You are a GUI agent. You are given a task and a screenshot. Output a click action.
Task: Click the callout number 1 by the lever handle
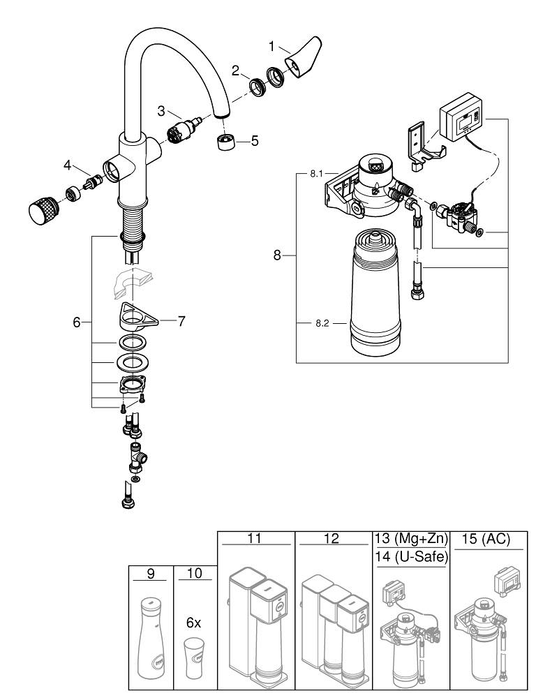click(x=271, y=47)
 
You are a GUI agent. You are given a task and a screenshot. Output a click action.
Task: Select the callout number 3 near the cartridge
click(x=161, y=111)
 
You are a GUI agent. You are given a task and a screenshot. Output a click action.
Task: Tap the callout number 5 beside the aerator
click(x=255, y=140)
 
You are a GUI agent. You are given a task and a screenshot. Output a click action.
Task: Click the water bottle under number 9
click(x=149, y=639)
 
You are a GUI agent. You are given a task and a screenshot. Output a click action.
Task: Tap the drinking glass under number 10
click(x=194, y=658)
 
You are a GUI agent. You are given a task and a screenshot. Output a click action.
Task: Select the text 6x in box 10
click(x=193, y=623)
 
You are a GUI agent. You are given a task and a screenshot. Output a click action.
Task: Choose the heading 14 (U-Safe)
click(x=410, y=557)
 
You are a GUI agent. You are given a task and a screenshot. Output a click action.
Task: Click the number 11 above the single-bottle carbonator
click(x=255, y=539)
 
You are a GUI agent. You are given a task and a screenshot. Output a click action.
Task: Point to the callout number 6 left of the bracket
click(x=77, y=322)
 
